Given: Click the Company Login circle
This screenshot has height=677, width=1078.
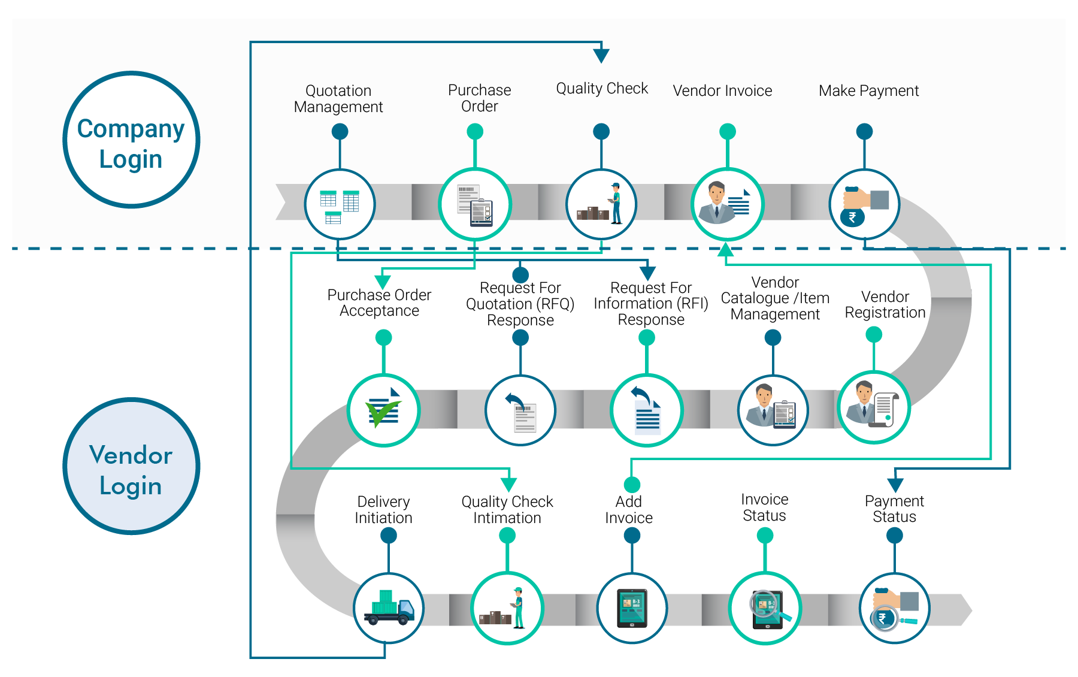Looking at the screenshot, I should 131,140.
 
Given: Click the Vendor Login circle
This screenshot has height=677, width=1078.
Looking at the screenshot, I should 131,466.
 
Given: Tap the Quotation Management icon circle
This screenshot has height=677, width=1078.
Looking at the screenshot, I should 340,204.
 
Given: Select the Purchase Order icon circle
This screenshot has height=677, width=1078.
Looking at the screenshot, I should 475,204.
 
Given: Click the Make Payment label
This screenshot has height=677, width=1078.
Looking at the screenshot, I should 868,90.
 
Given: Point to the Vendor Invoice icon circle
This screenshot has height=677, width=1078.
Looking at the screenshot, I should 727,204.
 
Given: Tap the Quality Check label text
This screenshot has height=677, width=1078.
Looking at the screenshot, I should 602,89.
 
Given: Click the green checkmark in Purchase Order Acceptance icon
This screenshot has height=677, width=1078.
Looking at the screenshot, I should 381,413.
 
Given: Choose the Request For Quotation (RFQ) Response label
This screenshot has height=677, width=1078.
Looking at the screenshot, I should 520,304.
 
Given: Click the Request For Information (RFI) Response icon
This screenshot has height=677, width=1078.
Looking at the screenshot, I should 647,410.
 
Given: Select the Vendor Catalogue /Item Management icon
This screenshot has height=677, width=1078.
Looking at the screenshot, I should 773,410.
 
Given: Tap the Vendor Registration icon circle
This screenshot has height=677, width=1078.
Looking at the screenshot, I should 874,407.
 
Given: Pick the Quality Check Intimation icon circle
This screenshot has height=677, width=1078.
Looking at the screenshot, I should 507,608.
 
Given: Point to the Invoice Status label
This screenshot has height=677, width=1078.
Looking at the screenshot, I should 764,507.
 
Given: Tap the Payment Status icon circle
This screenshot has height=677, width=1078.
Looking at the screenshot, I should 894,608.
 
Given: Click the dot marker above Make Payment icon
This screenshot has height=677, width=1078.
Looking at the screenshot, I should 864,131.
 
